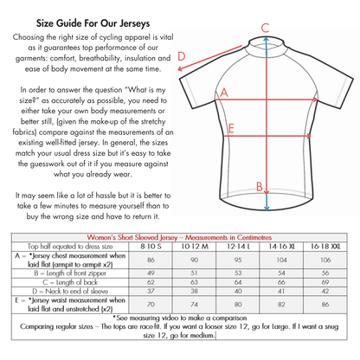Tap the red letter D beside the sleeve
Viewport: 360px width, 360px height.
coord(182,58)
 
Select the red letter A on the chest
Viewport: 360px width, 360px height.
coord(224,92)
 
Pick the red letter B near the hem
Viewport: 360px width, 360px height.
coord(259,186)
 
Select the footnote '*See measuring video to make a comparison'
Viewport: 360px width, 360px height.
coord(179,318)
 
